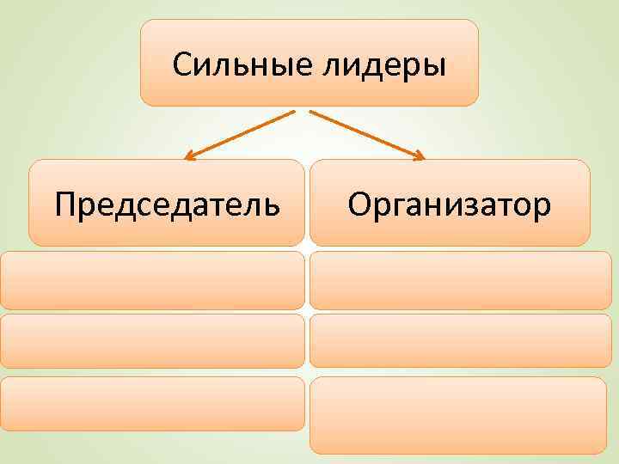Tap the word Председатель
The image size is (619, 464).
coord(167,205)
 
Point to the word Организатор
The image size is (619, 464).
coord(450,205)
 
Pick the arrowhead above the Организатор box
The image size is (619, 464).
coord(420,156)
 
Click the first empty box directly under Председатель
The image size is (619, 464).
coord(152,280)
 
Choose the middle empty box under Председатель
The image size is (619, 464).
coord(152,341)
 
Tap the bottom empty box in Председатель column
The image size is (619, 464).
coord(152,403)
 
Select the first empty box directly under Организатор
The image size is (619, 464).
coord(457,280)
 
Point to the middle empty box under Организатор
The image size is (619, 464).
coord(457,340)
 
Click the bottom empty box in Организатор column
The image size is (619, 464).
coord(457,415)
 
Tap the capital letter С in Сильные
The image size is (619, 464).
coord(182,65)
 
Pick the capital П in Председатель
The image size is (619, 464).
coord(64,205)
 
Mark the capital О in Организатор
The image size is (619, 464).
coord(360,205)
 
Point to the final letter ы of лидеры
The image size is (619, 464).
coord(436,67)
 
